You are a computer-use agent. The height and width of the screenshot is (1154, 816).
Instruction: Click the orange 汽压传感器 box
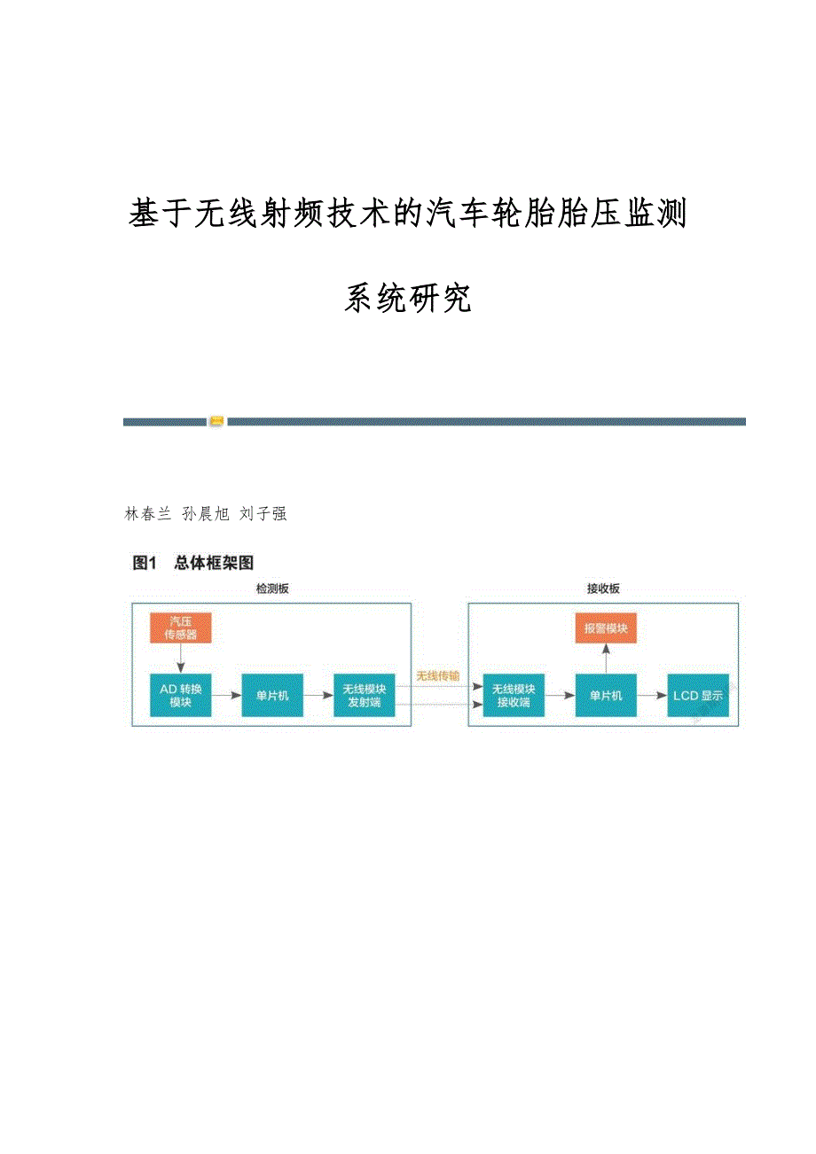point(181,628)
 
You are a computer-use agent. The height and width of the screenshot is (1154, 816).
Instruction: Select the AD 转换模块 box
point(181,696)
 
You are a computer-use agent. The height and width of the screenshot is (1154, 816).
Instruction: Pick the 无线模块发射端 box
point(364,696)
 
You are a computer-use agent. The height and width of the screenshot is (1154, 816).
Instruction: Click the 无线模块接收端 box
point(514,696)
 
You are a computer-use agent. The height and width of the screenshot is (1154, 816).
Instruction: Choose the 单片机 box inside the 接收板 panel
point(605,696)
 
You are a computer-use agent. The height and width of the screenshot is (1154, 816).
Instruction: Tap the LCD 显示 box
point(698,696)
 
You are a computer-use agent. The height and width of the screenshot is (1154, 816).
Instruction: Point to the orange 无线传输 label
point(438,676)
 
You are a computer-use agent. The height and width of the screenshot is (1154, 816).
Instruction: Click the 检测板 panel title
point(271,589)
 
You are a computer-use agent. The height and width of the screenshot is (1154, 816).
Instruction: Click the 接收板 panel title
point(603,589)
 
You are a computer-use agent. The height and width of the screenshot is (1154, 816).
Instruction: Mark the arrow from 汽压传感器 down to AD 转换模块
point(181,659)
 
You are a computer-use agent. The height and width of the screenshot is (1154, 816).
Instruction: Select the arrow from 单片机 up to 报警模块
point(605,659)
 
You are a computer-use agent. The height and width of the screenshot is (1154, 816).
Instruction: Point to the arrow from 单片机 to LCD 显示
point(652,696)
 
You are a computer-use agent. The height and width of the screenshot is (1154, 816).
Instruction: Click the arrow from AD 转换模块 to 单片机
point(227,696)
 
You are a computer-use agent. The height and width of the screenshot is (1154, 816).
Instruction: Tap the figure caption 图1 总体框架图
point(193,563)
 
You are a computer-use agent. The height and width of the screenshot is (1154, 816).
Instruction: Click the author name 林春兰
point(147,514)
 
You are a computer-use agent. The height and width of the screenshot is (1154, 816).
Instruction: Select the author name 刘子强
point(263,514)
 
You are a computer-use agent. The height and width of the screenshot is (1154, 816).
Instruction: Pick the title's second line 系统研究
point(407,300)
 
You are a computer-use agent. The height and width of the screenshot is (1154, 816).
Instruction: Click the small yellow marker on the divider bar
point(216,422)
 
